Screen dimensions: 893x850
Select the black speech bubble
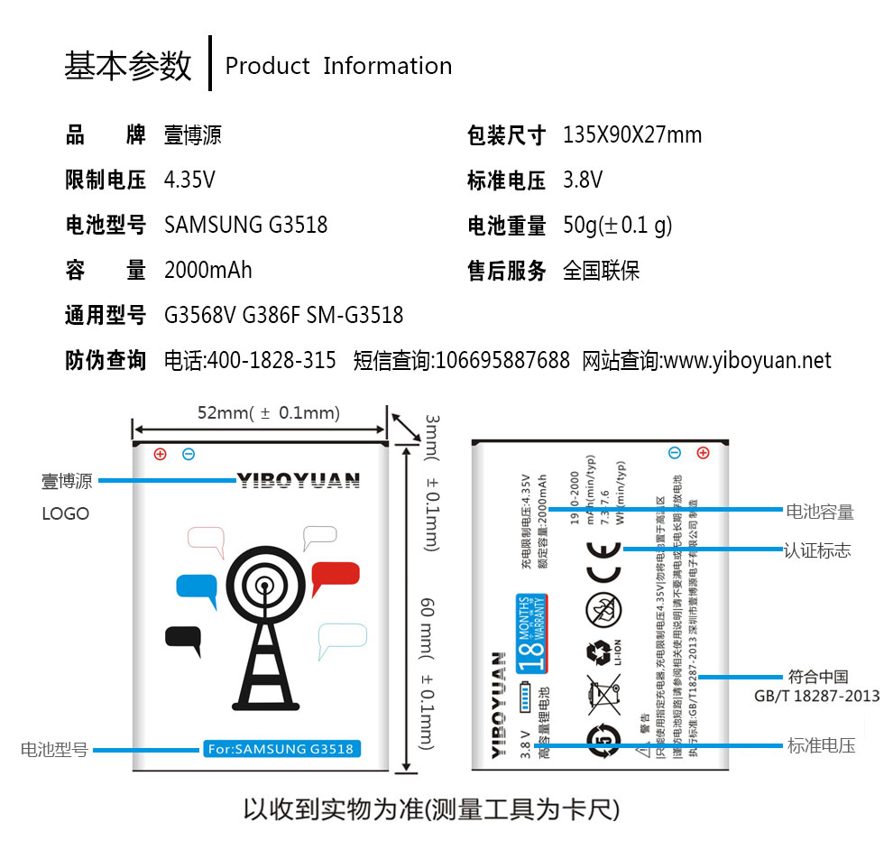[183, 637]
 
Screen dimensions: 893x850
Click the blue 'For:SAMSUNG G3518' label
[281, 748]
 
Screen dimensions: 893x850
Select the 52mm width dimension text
[268, 413]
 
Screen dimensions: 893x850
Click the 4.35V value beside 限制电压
[189, 180]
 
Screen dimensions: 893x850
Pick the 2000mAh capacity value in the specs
[208, 270]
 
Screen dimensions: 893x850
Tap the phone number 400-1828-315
[272, 361]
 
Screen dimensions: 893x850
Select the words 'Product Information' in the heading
[338, 66]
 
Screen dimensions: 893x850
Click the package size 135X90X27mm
[632, 135]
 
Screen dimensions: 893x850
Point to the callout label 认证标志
[817, 550]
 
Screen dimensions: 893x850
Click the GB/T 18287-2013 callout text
[816, 696]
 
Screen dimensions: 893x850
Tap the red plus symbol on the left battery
[160, 454]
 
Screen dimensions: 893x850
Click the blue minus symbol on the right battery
[674, 452]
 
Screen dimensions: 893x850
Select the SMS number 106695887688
[502, 361]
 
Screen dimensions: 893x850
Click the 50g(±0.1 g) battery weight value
[618, 226]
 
